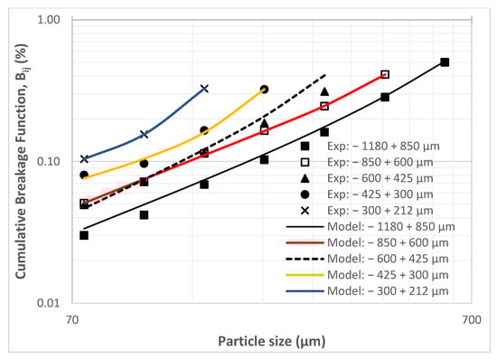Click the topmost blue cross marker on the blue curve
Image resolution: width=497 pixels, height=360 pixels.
(204, 89)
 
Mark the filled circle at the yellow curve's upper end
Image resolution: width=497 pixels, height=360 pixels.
(264, 90)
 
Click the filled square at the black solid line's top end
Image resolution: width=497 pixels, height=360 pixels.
(445, 62)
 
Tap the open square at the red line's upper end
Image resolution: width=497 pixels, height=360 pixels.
(385, 74)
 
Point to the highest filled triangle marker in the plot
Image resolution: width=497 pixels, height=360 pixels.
(324, 91)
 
